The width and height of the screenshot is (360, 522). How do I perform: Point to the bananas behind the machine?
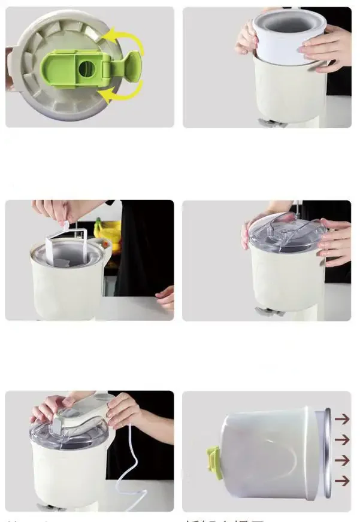click(x=108, y=230)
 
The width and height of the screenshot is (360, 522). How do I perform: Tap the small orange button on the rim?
click(x=107, y=245)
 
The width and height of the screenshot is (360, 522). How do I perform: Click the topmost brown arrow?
click(x=342, y=419)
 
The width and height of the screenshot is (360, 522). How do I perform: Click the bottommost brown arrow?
click(x=342, y=481)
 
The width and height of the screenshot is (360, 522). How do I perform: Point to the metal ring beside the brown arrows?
click(x=326, y=453)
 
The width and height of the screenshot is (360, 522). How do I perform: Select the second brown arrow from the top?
click(x=342, y=440)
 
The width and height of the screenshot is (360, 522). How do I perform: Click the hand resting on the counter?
click(x=165, y=296)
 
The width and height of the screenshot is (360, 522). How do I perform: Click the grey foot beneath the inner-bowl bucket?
click(x=267, y=122)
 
